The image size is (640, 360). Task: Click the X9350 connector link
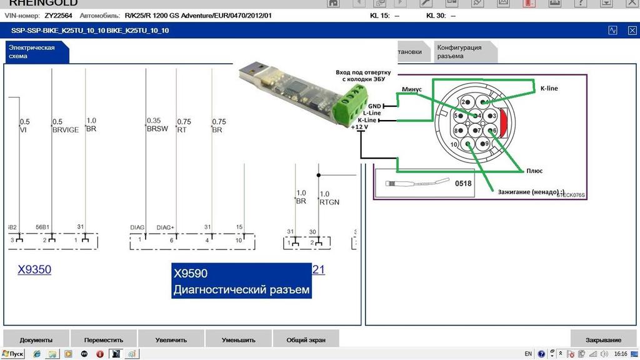click(x=34, y=269)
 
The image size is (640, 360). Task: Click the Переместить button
click(x=104, y=340)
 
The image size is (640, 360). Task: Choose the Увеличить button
click(x=171, y=340)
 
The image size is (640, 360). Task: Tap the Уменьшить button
click(x=238, y=340)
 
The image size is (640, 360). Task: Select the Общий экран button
click(x=305, y=340)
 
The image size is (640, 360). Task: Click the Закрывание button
click(x=603, y=340)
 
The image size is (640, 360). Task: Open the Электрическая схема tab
click(x=32, y=51)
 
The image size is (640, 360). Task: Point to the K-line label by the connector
click(x=549, y=89)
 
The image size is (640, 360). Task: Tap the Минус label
click(x=411, y=89)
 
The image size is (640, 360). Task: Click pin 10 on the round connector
click(x=453, y=144)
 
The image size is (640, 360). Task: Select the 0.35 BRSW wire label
click(x=154, y=125)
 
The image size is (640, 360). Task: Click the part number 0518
click(x=463, y=184)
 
